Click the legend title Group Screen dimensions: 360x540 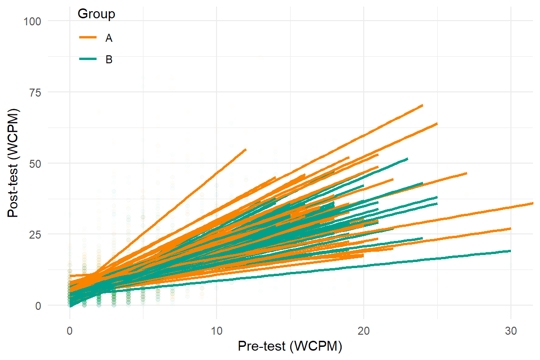tap(96, 15)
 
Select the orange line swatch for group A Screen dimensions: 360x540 tap(87, 37)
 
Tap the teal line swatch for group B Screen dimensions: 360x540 tap(87, 60)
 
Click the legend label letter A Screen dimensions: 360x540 tap(109, 38)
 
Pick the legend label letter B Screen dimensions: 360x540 tap(109, 60)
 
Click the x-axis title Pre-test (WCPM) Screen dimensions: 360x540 tap(290, 347)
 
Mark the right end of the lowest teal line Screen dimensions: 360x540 tap(510, 251)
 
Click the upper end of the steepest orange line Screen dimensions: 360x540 tap(246, 149)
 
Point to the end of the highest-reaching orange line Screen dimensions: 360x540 tap(422, 105)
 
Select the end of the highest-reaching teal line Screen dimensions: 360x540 tap(407, 159)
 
